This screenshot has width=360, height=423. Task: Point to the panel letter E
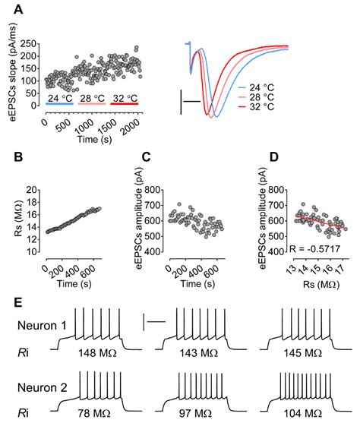[x=17, y=302]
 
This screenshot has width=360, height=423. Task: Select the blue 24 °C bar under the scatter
[x=59, y=106]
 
